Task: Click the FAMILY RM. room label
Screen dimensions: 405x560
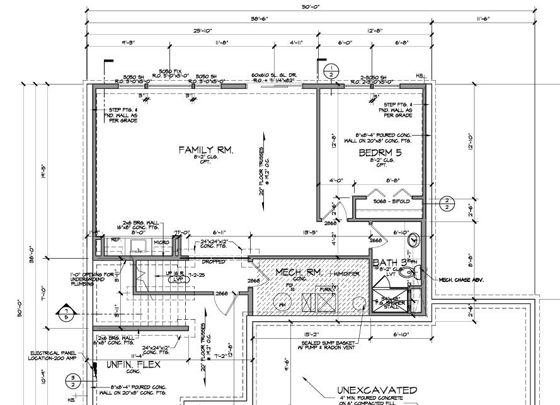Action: (206, 150)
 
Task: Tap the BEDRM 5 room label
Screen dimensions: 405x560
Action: (380, 153)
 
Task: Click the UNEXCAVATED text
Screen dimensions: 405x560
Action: (377, 390)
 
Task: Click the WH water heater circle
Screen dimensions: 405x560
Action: (282, 304)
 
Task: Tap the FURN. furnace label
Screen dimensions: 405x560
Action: (326, 290)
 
